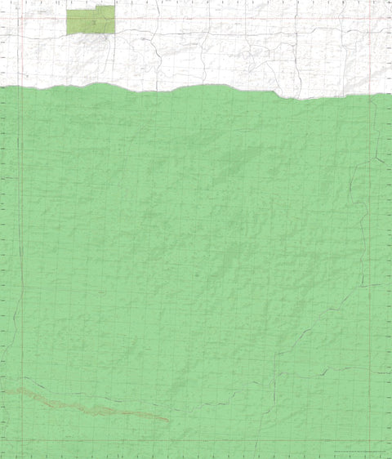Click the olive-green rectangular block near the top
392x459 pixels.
[90, 20]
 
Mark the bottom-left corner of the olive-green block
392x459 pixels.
[67, 33]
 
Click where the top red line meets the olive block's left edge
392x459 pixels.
[67, 17]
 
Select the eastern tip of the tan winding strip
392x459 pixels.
[168, 421]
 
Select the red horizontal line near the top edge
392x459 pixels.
[196, 17]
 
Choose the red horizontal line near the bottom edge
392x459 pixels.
[196, 442]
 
